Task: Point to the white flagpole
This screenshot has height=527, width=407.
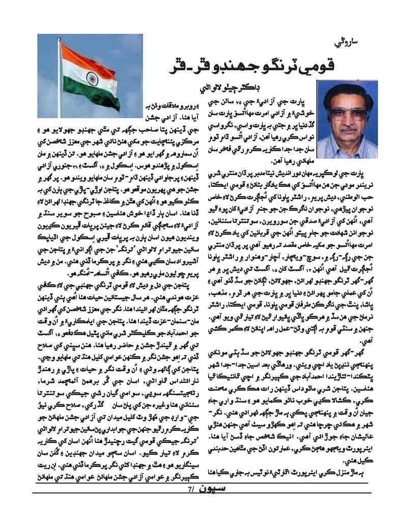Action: [60, 76]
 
